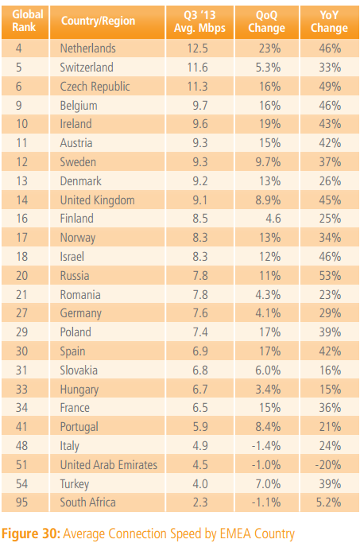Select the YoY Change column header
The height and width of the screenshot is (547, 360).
pyautogui.click(x=329, y=21)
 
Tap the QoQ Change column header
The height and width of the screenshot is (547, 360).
pyautogui.click(x=266, y=21)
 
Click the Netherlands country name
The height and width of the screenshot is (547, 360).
pyautogui.click(x=88, y=48)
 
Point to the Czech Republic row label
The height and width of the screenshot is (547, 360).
pyautogui.click(x=95, y=87)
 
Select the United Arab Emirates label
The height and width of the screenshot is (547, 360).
pyautogui.click(x=109, y=465)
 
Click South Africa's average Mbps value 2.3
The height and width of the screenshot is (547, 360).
pyautogui.click(x=200, y=502)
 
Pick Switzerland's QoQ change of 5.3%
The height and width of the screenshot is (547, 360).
pyautogui.click(x=268, y=68)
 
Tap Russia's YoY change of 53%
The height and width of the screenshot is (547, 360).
pyautogui.click(x=330, y=276)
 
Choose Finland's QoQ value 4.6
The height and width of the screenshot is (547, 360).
pyautogui.click(x=273, y=219)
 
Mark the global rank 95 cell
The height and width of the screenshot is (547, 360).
pyautogui.click(x=21, y=502)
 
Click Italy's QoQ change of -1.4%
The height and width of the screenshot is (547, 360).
pyautogui.click(x=266, y=446)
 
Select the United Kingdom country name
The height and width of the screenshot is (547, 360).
pyautogui.click(x=97, y=200)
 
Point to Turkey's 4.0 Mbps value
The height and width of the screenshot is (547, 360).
pyautogui.click(x=200, y=484)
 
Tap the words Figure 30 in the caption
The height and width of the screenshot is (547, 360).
pyautogui.click(x=31, y=534)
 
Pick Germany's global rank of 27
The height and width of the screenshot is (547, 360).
pyautogui.click(x=21, y=313)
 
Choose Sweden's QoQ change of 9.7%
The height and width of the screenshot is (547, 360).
pyautogui.click(x=268, y=162)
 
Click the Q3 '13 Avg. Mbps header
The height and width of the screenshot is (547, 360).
pyautogui.click(x=200, y=21)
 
